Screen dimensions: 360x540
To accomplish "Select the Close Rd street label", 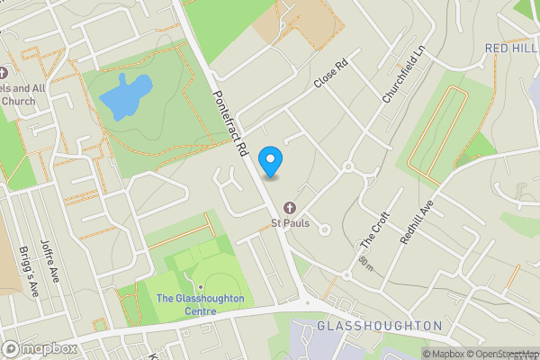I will pyautogui.click(x=330, y=75).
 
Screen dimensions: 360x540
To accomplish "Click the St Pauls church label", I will pyautogui.click(x=290, y=221).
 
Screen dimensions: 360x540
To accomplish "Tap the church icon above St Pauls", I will pyautogui.click(x=289, y=206).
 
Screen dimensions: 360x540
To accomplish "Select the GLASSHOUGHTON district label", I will pyautogui.click(x=378, y=326).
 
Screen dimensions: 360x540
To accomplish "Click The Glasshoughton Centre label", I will pyautogui.click(x=200, y=304).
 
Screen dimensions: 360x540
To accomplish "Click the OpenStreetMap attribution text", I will pyautogui.click(x=500, y=354).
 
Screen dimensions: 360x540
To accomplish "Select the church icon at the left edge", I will pyautogui.click(x=4, y=72).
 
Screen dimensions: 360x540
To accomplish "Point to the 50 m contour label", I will pyautogui.click(x=364, y=264).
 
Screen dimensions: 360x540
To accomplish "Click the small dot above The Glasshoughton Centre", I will pyautogui.click(x=201, y=287).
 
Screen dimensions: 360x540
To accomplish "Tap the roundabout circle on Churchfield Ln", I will pyautogui.click(x=347, y=166).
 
